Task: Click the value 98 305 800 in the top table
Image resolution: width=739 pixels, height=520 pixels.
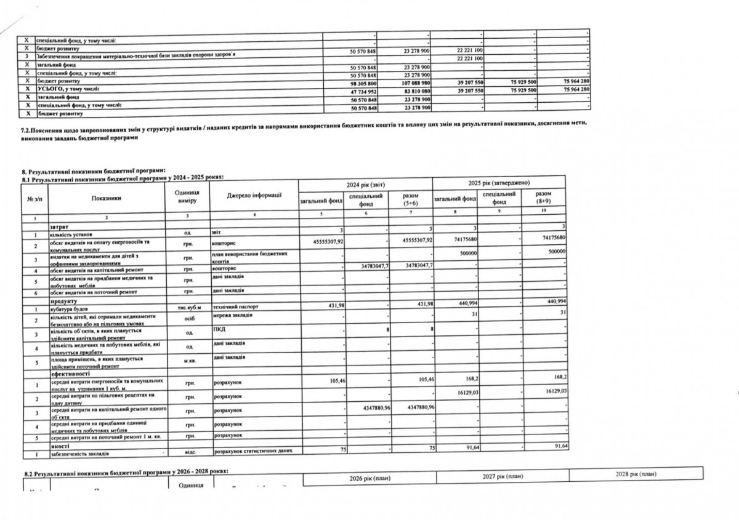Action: pyautogui.click(x=363, y=82)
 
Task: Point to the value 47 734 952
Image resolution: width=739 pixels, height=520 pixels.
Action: pyautogui.click(x=363, y=90)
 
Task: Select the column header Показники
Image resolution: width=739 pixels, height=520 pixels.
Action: pyautogui.click(x=107, y=199)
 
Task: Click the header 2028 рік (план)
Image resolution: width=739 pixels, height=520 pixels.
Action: pyautogui.click(x=636, y=474)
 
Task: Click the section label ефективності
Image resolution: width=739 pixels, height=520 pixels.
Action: pyautogui.click(x=70, y=374)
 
